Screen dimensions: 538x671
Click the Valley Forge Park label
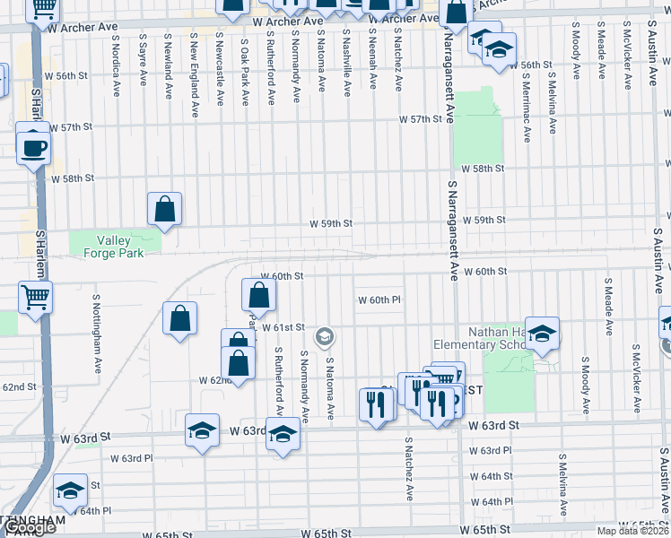coord(114,246)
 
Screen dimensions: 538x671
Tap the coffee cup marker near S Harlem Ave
coord(34,146)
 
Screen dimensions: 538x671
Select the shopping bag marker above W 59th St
coord(165,209)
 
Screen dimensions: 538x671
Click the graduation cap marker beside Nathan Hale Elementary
coord(542,334)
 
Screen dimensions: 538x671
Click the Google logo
coord(29,528)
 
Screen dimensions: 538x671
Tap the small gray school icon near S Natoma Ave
coord(325,337)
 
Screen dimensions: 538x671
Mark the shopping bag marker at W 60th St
coord(258,293)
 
